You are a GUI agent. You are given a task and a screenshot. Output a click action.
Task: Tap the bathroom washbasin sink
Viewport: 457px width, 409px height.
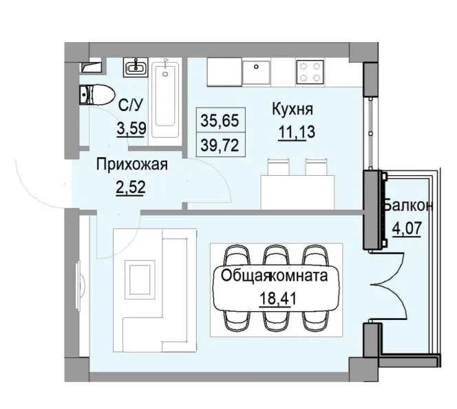click(135, 68)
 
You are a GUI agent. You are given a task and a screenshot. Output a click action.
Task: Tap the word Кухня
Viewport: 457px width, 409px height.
click(293, 109)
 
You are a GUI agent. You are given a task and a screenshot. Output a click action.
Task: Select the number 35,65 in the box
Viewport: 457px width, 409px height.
click(219, 120)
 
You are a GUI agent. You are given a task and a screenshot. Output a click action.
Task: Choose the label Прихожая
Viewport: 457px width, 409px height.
click(131, 166)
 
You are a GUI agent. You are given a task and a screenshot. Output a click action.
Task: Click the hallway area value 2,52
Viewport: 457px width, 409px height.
click(131, 186)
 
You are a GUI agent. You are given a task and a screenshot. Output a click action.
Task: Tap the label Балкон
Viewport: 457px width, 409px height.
click(408, 206)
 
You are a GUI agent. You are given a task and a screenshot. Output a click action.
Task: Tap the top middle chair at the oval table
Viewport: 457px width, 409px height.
click(275, 256)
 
